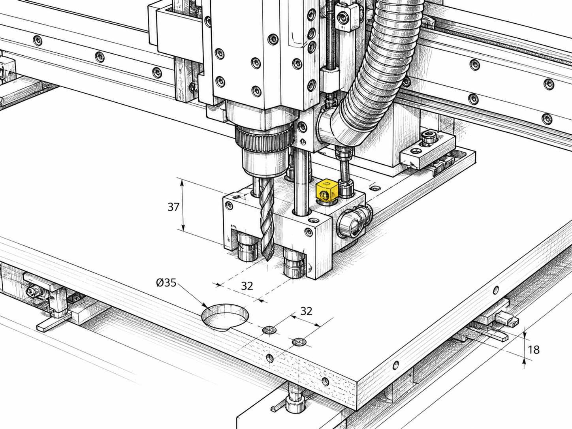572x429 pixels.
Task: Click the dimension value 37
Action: coord(173,207)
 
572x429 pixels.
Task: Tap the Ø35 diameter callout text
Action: coord(166,282)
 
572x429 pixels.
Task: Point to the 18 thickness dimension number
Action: coord(534,350)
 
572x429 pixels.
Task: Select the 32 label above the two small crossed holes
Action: coord(306,311)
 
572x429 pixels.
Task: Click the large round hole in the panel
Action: coord(225,317)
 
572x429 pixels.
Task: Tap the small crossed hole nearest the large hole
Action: coord(269,330)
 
